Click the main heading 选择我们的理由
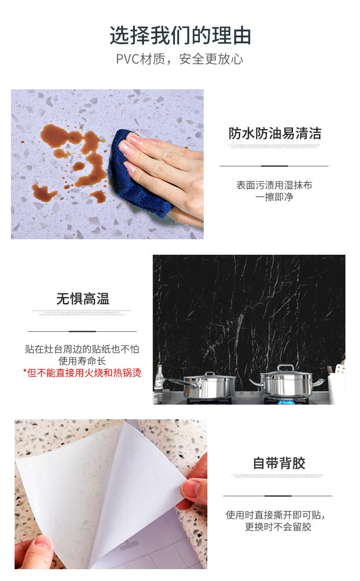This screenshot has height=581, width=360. click(180, 36)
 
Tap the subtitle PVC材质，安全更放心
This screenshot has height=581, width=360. click(180, 59)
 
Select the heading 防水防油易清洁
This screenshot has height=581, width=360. click(275, 134)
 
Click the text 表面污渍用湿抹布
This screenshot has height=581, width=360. click(274, 185)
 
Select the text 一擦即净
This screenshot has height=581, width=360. click(274, 197)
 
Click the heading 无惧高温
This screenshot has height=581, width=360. click(82, 299)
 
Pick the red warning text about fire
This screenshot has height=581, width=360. click(82, 373)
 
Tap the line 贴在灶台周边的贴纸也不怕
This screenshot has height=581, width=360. click(82, 350)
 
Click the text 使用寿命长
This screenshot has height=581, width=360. click(82, 361)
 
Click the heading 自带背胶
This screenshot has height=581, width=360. click(279, 463)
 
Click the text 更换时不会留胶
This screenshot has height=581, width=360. click(278, 527)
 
